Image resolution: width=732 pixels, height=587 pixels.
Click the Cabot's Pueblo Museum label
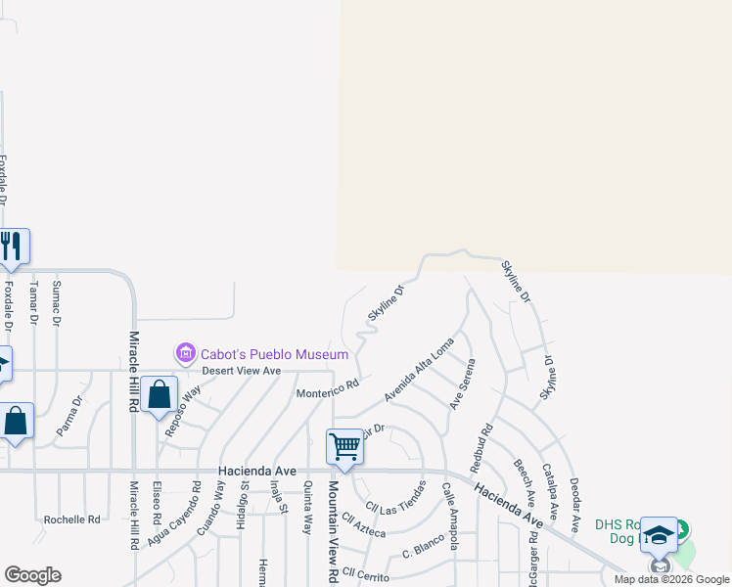pyautogui.click(x=274, y=354)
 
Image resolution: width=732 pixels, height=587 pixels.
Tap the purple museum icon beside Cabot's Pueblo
pyautogui.click(x=184, y=352)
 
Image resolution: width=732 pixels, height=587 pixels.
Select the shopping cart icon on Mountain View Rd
pyautogui.click(x=344, y=446)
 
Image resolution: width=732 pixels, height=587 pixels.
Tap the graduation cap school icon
pyautogui.click(x=659, y=534)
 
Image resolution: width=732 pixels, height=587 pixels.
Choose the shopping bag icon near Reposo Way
pyautogui.click(x=159, y=394)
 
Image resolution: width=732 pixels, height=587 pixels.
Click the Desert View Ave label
pyautogui.click(x=241, y=371)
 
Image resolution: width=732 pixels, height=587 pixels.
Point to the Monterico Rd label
pyautogui.click(x=328, y=390)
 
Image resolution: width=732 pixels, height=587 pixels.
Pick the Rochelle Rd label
pyautogui.click(x=71, y=519)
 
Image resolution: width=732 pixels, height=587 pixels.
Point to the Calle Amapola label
pyautogui.click(x=451, y=516)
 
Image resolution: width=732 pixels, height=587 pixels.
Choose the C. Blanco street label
pyautogui.click(x=424, y=551)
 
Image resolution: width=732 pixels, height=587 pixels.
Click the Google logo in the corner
pyautogui.click(x=32, y=575)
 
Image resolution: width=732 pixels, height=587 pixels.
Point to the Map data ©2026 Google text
pyautogui.click(x=671, y=579)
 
